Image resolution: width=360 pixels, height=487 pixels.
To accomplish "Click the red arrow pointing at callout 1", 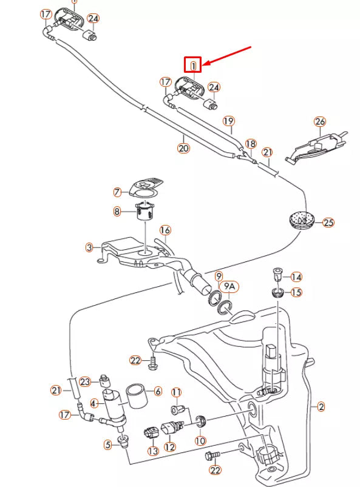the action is [x=227, y=56].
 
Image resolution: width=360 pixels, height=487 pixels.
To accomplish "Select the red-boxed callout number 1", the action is [x=192, y=65].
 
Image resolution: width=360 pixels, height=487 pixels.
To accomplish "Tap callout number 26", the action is [x=320, y=121].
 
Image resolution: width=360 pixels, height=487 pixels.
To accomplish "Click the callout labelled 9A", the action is [x=229, y=287].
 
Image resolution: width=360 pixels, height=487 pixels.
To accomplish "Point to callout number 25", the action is [x=328, y=223].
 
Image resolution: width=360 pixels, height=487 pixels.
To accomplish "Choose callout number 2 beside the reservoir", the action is [x=321, y=406].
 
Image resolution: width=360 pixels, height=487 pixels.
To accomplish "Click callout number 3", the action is [x=89, y=247].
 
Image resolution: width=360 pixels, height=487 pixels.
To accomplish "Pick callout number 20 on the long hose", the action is [x=183, y=148].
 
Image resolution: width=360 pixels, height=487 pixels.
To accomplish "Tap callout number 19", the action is [x=229, y=121].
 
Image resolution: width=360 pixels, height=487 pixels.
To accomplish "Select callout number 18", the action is [x=251, y=144].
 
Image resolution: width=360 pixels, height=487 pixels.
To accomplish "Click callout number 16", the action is [x=165, y=230].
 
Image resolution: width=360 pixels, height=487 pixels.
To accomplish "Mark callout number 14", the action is [x=296, y=277].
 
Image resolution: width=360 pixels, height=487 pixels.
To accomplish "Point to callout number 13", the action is [x=153, y=451].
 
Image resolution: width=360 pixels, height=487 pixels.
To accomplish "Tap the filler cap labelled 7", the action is [x=146, y=188].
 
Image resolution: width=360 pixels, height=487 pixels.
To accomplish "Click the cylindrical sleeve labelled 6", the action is [x=137, y=396].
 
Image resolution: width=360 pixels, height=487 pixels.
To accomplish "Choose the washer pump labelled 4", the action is [x=113, y=405].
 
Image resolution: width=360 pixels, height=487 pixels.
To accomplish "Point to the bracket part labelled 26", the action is [x=316, y=147].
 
